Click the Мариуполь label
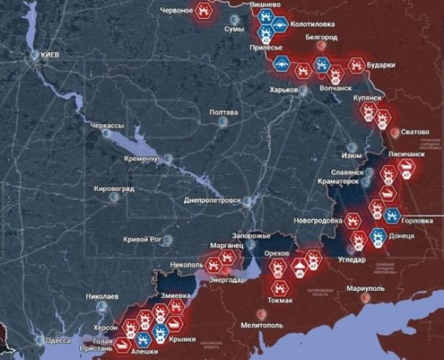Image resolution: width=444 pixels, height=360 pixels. coord(365,289)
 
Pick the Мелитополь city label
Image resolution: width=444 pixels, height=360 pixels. coord(263,326)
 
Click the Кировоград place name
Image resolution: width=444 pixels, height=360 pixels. coord(114,189)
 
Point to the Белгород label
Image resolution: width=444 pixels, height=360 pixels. coord(321,36)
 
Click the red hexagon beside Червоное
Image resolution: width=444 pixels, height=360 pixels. coord(204,11)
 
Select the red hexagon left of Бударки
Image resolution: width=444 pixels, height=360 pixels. coord(355,65)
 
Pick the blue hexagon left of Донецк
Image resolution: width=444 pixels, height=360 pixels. coord(377,236)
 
